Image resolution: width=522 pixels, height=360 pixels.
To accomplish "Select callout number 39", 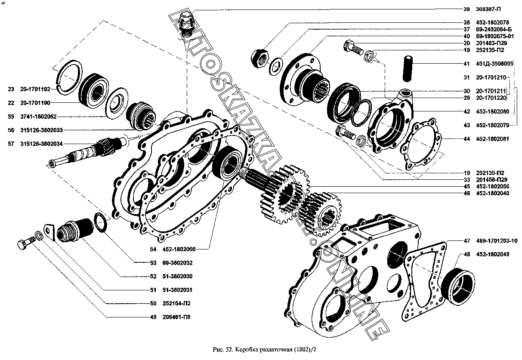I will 466,9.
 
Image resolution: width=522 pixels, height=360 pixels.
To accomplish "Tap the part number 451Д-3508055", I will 495,64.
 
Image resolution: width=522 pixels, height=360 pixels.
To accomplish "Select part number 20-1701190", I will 35,103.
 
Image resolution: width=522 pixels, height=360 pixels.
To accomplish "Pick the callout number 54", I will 153,248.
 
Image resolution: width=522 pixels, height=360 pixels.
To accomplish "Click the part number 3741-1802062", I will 38,117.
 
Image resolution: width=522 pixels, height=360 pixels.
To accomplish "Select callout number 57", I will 11,144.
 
